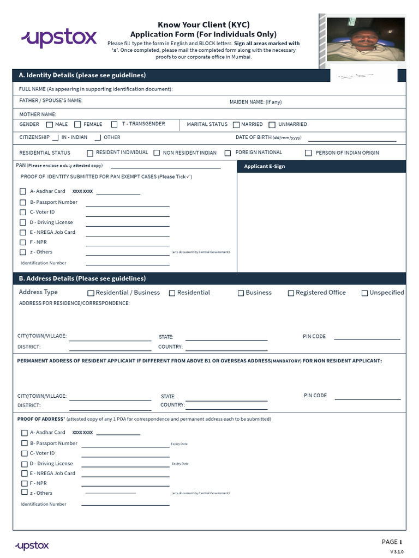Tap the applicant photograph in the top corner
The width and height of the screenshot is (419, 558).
coord(366,39)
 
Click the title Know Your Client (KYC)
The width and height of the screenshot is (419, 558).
coord(203,25)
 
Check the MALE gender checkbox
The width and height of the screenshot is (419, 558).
coord(50,125)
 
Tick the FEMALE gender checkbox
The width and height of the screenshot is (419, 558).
coord(77,125)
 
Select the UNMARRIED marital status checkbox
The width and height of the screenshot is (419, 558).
coord(272,125)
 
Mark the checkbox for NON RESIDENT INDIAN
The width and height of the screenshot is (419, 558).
coord(157,153)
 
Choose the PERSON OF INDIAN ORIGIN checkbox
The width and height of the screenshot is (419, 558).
coord(308,153)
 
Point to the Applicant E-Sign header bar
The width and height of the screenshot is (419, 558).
coord(321,166)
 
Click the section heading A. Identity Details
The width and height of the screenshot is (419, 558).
coord(82,75)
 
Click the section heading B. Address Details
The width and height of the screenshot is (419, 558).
coord(82,278)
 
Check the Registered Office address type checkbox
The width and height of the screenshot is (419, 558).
coord(291,293)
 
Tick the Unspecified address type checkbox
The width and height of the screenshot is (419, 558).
coord(364,293)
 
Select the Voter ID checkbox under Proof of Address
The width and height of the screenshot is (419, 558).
coord(24,453)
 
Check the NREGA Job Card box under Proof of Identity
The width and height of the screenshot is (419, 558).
coord(23,233)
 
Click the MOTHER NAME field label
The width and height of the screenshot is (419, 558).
coord(38,114)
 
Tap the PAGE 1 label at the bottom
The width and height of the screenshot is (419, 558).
coord(391,542)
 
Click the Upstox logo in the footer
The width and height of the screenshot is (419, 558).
coord(32,545)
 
